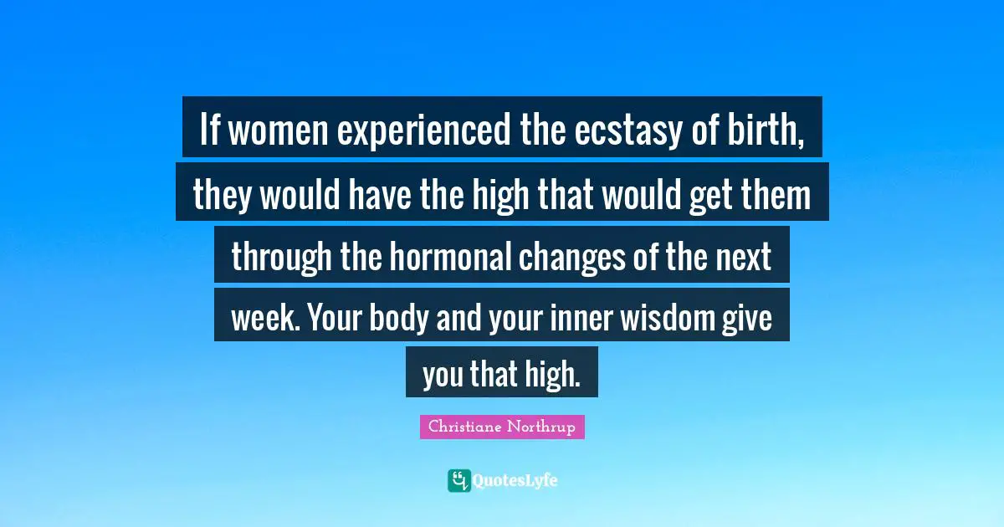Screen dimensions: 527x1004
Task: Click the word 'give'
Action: pos(749,319)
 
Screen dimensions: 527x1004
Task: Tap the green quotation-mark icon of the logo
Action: pos(459,480)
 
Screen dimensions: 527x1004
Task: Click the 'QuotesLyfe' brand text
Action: pos(515,481)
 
